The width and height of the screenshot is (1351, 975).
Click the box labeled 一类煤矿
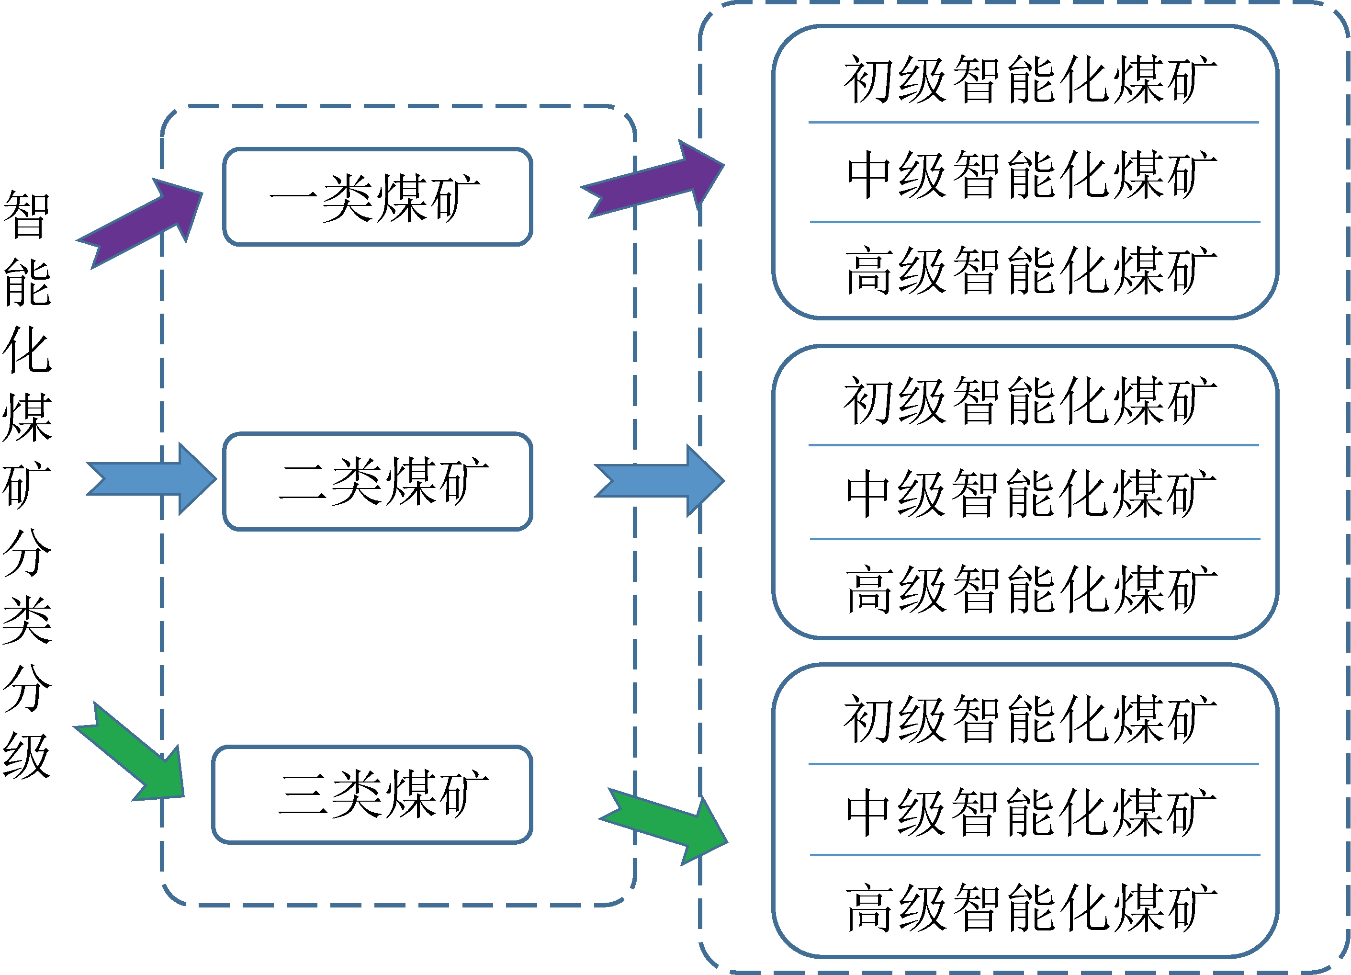click(x=377, y=197)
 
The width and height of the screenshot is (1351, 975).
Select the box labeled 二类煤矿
click(x=377, y=481)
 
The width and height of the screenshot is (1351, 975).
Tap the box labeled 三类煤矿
click(x=372, y=794)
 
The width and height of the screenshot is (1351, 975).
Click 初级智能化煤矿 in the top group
click(x=1030, y=79)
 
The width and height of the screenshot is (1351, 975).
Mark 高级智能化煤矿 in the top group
click(x=1031, y=271)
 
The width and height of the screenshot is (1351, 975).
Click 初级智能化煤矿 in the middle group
click(x=1030, y=400)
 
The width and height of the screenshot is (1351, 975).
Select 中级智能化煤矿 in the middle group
click(x=1031, y=493)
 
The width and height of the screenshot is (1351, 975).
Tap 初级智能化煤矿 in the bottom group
click(x=1030, y=719)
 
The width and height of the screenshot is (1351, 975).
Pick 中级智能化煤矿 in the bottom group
click(x=1031, y=812)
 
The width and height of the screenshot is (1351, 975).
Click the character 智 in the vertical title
click(x=27, y=215)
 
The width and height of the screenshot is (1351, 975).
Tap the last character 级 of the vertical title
click(x=27, y=755)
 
